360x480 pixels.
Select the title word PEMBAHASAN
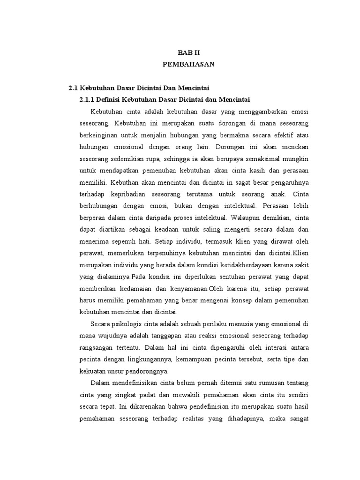188,65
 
